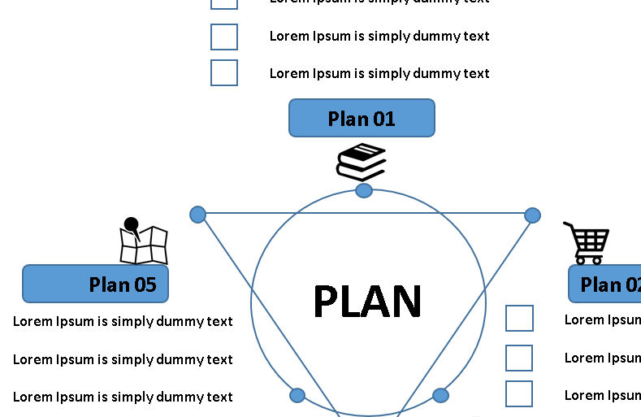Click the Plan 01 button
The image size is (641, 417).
[x=362, y=118]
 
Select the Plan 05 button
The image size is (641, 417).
[x=95, y=284]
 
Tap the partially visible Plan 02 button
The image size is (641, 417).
[x=605, y=285]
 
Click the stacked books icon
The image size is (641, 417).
[x=361, y=162]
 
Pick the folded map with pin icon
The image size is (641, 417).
[x=142, y=241]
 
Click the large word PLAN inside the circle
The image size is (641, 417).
[x=367, y=302]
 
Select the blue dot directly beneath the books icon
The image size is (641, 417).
[x=364, y=190]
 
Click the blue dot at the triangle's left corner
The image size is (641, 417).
[x=197, y=215]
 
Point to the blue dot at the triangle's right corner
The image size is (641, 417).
[x=532, y=215]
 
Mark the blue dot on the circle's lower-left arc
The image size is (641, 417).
[x=297, y=395]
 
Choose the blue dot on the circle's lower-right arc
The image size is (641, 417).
[x=440, y=395]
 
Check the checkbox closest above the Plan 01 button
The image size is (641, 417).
[x=224, y=72]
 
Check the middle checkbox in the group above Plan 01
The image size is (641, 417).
[x=224, y=37]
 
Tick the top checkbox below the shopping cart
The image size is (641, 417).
[x=520, y=319]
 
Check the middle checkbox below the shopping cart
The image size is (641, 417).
[x=520, y=358]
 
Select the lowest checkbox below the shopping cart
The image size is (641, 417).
[x=520, y=394]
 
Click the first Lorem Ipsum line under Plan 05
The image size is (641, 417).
[x=123, y=321]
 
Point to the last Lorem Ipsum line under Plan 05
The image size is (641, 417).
[x=123, y=397]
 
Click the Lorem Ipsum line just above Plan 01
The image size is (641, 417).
[x=379, y=73]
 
